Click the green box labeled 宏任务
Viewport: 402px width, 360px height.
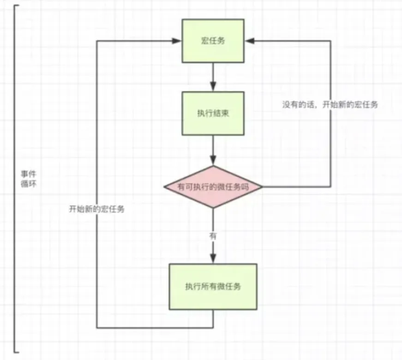pyautogui.click(x=213, y=41)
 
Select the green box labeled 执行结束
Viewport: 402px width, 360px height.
pyautogui.click(x=213, y=114)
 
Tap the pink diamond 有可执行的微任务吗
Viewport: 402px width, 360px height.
pyautogui.click(x=213, y=186)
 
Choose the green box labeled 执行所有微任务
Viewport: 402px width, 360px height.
pyautogui.click(x=213, y=287)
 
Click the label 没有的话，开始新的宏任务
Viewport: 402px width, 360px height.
pyautogui.click(x=330, y=105)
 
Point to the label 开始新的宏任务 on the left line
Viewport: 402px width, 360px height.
pyautogui.click(x=96, y=209)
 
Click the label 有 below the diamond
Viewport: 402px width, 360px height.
pyautogui.click(x=213, y=236)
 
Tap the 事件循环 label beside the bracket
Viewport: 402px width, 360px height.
pyautogui.click(x=29, y=179)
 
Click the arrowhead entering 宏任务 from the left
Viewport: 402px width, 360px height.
pyautogui.click(x=177, y=41)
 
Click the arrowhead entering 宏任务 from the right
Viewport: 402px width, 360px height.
pyautogui.click(x=250, y=41)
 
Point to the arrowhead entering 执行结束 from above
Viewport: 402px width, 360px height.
pyautogui.click(x=213, y=86)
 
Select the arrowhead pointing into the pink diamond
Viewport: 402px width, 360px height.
pyautogui.click(x=213, y=160)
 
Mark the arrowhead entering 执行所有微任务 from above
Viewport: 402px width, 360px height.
pyautogui.click(x=213, y=258)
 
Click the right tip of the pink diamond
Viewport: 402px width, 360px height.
pyautogui.click(x=262, y=187)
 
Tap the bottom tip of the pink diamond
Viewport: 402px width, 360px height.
pyautogui.click(x=213, y=208)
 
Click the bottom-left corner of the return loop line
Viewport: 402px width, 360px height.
pyautogui.click(x=97, y=327)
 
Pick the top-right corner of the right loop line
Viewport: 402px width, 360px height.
pyautogui.click(x=330, y=41)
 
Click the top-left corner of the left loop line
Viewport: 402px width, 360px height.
pyautogui.click(x=97, y=41)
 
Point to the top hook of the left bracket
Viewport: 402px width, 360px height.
pyautogui.click(x=17, y=6)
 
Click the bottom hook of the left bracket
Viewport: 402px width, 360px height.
pyautogui.click(x=17, y=352)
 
